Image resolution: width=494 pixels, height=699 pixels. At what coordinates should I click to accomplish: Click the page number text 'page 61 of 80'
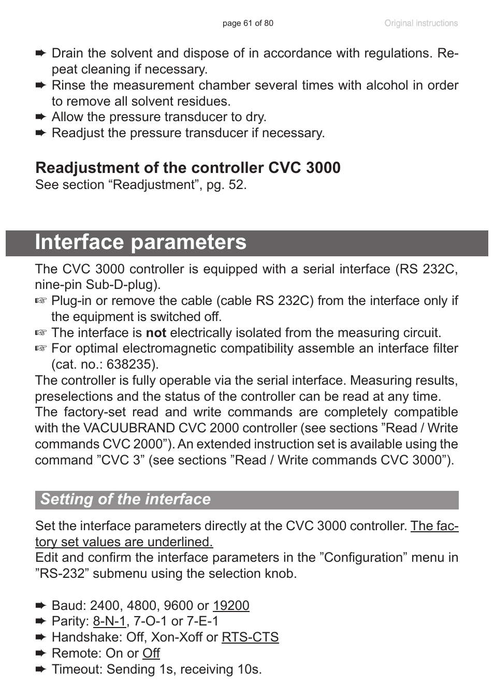[x=248, y=23]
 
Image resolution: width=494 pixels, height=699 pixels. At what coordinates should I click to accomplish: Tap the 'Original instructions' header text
[x=420, y=23]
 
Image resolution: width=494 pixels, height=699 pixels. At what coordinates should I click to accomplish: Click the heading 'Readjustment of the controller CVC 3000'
[x=187, y=168]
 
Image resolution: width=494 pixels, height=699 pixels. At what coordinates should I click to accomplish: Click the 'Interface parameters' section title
[x=141, y=242]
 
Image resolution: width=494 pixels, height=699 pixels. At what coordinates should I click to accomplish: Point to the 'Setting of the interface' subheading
[x=126, y=499]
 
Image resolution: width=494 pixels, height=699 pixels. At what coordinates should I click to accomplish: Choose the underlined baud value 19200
[x=231, y=606]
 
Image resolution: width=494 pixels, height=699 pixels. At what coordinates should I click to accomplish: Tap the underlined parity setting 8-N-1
[x=109, y=621]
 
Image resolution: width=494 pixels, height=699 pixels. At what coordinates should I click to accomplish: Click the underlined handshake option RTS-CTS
[x=250, y=637]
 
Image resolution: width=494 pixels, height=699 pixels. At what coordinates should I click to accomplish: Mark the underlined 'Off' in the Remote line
[x=151, y=653]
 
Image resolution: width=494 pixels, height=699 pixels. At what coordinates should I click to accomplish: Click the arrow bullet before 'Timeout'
[x=41, y=669]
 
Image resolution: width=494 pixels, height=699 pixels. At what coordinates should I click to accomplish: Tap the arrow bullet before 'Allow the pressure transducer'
[x=41, y=117]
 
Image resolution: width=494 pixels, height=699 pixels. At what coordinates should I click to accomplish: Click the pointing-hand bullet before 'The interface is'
[x=41, y=333]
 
